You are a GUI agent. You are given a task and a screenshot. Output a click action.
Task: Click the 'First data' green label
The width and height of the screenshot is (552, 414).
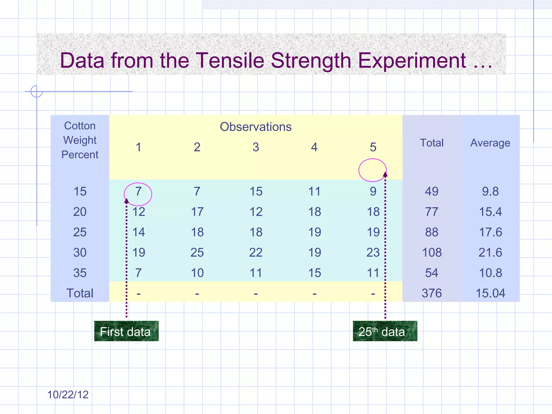click(x=126, y=331)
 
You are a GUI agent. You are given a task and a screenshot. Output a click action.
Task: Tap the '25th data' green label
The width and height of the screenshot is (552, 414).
click(x=385, y=331)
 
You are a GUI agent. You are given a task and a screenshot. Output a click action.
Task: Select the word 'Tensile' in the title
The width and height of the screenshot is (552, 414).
click(x=229, y=60)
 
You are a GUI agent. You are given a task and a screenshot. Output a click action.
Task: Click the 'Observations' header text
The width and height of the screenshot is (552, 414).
click(x=256, y=127)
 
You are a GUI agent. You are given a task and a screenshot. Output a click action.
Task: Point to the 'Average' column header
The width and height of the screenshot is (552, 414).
click(x=490, y=143)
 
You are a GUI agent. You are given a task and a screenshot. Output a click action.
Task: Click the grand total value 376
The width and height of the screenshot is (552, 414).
click(x=432, y=293)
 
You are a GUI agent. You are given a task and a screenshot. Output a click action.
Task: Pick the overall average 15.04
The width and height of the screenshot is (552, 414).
click(x=490, y=293)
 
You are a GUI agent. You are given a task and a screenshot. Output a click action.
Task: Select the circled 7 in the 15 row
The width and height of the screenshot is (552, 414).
click(x=138, y=192)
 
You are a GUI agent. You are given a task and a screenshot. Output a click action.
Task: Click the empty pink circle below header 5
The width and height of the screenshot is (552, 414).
click(x=372, y=170)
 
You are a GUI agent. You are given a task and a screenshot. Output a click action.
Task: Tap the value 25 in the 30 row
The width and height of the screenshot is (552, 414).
click(x=197, y=253)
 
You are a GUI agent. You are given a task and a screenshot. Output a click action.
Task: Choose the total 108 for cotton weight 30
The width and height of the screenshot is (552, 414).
click(x=432, y=253)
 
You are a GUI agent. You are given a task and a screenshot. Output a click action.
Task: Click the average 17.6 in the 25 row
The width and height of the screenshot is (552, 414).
click(x=490, y=232)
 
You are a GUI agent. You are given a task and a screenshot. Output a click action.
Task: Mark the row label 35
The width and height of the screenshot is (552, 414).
click(x=80, y=273)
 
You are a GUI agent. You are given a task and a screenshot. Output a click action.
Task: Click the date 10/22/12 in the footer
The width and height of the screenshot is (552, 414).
click(x=68, y=395)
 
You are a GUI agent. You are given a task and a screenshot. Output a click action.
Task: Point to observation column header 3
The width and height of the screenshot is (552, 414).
click(x=256, y=147)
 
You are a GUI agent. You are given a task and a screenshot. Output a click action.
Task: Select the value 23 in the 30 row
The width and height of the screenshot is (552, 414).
click(x=373, y=253)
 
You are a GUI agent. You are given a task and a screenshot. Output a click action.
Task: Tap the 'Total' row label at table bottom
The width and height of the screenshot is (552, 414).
click(x=80, y=293)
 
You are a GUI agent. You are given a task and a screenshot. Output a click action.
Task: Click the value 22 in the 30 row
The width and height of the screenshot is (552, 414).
click(x=256, y=253)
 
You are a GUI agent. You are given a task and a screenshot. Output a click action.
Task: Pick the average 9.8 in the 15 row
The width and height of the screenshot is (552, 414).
click(x=490, y=192)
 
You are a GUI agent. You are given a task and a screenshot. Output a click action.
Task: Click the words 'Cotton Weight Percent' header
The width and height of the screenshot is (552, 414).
click(x=80, y=140)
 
